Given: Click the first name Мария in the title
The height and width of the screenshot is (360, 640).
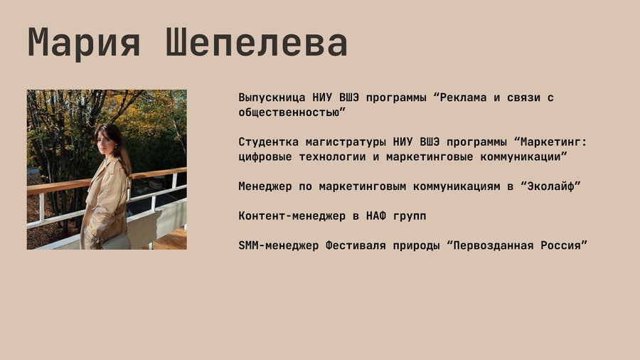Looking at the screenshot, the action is (x=84, y=43).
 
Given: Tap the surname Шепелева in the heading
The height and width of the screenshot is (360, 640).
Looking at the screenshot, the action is (x=257, y=42).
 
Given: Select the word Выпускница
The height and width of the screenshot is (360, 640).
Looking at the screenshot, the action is (x=272, y=98).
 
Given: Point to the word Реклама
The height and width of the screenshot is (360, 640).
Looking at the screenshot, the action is (x=463, y=97).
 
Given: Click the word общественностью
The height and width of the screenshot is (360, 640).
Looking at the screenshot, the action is (x=289, y=112).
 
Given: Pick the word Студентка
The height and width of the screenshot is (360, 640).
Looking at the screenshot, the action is (x=269, y=142).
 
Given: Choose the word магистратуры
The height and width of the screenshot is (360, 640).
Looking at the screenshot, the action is (x=346, y=142).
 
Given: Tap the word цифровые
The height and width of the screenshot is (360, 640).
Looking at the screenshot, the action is (x=265, y=157).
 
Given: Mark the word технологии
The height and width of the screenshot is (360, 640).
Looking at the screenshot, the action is (x=332, y=157).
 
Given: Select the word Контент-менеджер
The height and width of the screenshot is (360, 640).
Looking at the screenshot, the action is (x=292, y=216).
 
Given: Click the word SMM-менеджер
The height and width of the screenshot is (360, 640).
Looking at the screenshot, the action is (x=278, y=245).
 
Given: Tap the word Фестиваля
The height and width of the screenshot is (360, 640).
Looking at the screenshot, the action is (x=356, y=245).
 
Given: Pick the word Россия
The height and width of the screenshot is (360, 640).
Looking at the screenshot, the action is (x=560, y=245).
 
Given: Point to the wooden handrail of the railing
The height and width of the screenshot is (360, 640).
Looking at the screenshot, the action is (x=57, y=186).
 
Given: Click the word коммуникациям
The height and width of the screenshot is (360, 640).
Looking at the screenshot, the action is (x=457, y=186).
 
